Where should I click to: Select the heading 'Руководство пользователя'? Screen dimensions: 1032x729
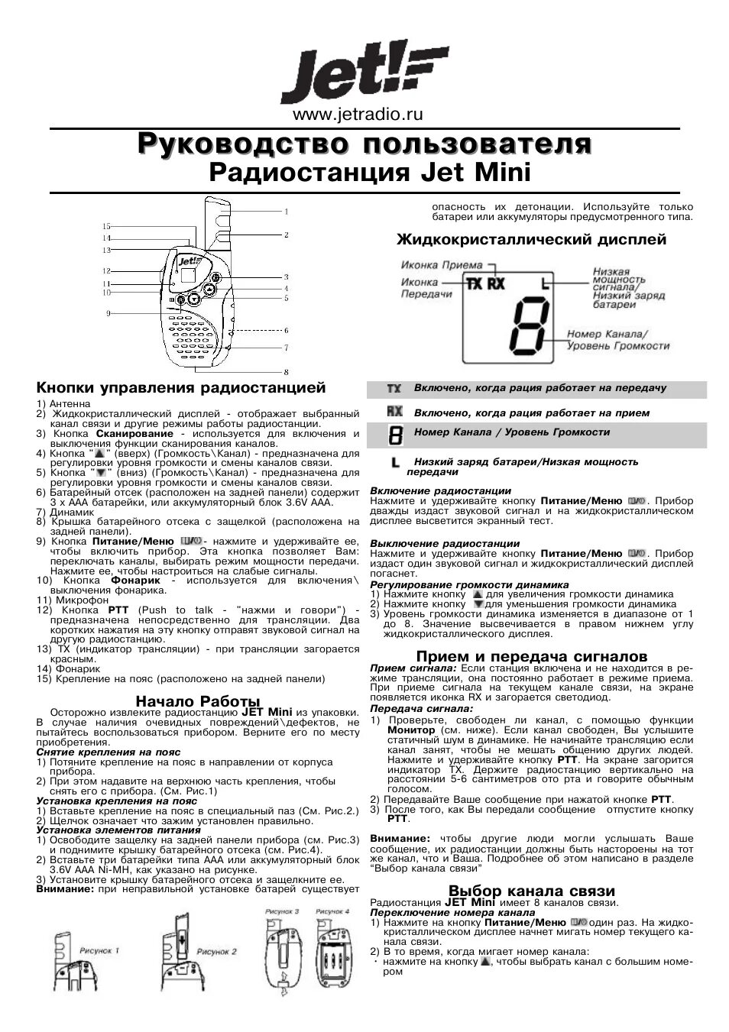pos(364,144)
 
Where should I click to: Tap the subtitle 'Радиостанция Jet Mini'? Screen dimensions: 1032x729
pos(369,172)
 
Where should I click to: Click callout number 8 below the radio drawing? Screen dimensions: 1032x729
pos(286,372)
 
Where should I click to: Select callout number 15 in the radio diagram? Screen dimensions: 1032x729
pos(107,226)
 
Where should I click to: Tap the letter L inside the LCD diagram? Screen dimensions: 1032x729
pos(546,285)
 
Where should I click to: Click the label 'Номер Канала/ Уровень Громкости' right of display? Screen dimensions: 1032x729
pos(617,340)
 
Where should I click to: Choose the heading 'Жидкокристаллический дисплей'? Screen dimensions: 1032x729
pos(531,240)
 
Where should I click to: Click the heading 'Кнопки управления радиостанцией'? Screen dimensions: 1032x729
pos(181,388)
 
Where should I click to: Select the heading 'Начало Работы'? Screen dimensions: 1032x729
pos(198,700)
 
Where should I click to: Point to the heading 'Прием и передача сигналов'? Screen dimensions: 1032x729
pos(532,656)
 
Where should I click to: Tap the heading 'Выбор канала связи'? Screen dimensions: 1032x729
pos(532,891)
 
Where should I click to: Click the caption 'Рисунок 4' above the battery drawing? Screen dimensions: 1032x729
pos(332,911)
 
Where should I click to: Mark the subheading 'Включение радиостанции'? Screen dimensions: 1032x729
pos(440,490)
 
